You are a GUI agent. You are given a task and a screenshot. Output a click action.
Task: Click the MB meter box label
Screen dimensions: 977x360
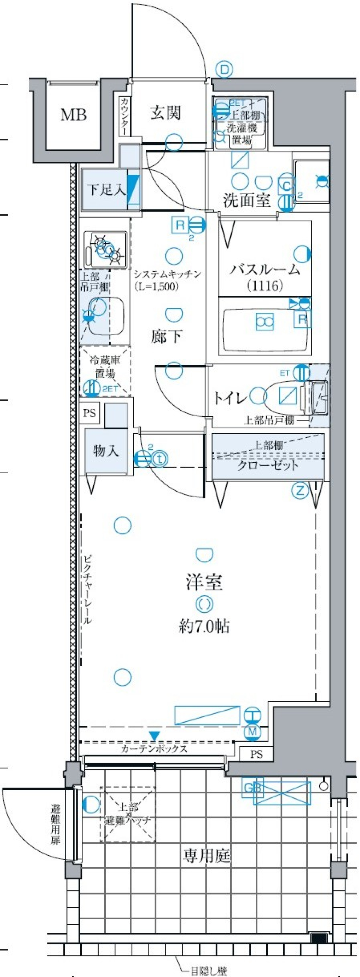[x=73, y=114]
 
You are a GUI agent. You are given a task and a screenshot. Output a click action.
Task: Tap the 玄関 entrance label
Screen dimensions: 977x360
[x=165, y=113]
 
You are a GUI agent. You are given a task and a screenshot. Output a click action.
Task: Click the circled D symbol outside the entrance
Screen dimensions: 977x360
[x=225, y=70]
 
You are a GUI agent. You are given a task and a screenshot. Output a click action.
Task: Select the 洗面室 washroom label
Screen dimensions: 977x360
[x=247, y=200]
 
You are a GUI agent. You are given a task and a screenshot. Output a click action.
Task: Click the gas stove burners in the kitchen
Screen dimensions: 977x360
[x=105, y=249]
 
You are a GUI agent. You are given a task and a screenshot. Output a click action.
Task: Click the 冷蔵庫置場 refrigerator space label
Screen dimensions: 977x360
[x=105, y=367]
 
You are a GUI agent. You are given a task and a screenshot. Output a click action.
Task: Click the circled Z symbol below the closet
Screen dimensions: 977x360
[x=300, y=491]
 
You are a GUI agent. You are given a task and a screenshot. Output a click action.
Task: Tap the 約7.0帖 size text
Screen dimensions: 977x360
[x=204, y=627]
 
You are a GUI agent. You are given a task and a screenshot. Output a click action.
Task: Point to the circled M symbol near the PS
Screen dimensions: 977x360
[x=253, y=731]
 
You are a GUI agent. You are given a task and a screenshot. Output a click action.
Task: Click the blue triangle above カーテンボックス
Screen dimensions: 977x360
[x=154, y=736]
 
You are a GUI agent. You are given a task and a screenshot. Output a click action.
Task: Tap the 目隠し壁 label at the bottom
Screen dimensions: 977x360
[x=208, y=971]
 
